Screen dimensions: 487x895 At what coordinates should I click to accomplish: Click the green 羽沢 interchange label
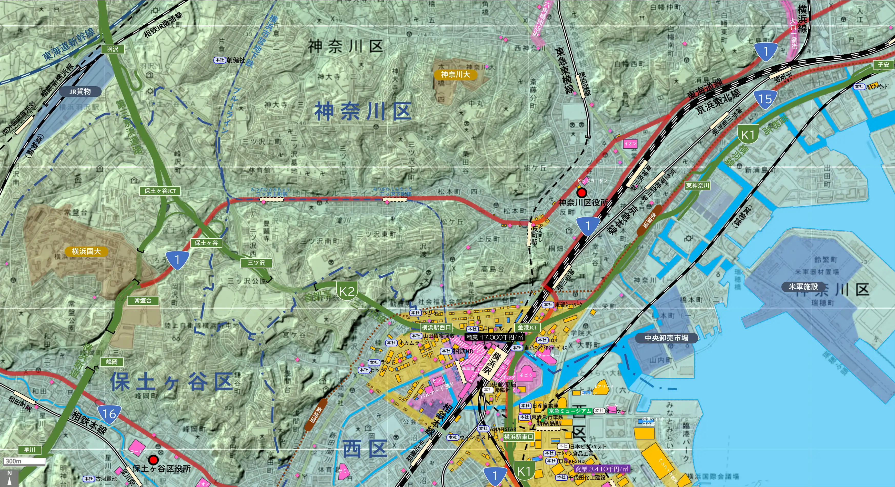point(112,49)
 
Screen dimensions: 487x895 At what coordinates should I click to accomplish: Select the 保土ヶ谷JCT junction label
point(160,191)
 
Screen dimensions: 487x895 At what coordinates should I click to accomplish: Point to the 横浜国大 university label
point(86,251)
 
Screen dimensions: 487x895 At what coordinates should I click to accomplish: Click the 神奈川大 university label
point(455,74)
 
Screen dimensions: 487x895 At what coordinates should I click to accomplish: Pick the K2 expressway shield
point(347,291)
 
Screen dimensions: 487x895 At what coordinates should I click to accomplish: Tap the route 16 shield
point(109,414)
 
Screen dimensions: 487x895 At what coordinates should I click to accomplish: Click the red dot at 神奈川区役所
point(581,192)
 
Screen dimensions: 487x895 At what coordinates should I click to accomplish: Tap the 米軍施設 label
point(803,287)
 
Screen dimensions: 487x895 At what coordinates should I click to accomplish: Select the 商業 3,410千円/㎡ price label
point(602,469)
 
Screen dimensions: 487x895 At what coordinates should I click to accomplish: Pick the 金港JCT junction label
point(527,327)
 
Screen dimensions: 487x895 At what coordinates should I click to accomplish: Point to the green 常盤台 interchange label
point(143,300)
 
